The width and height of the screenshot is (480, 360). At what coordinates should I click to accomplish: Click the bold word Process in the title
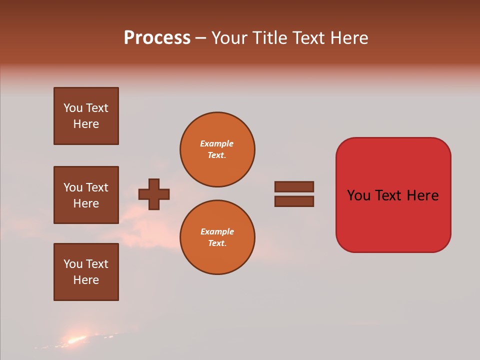coord(157,38)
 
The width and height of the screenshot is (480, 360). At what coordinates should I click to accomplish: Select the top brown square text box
coord(86,116)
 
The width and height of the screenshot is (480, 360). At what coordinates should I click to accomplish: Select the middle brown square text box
coord(86,195)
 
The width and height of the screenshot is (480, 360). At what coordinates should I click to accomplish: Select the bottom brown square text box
coord(86,272)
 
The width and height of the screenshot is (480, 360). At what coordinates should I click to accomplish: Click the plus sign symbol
coord(153,194)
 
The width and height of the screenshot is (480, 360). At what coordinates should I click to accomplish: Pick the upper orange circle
coord(217,149)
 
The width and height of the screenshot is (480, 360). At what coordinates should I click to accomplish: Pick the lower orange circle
coord(217,237)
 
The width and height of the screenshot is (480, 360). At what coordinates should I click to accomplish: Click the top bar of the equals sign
coord(294,186)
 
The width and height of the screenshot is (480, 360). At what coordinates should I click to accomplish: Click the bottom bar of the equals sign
coord(294,201)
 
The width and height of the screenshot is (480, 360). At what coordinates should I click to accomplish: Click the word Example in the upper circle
coord(216,143)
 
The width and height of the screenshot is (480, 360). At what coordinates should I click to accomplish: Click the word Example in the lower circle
coord(216,231)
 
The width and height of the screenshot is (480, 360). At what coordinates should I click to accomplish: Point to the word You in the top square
coord(73,108)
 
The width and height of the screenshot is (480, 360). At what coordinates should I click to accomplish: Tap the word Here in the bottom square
coord(86,280)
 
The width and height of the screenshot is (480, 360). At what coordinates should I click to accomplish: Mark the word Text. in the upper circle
coord(216,155)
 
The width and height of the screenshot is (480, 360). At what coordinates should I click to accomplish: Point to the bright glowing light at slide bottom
coord(75,340)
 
